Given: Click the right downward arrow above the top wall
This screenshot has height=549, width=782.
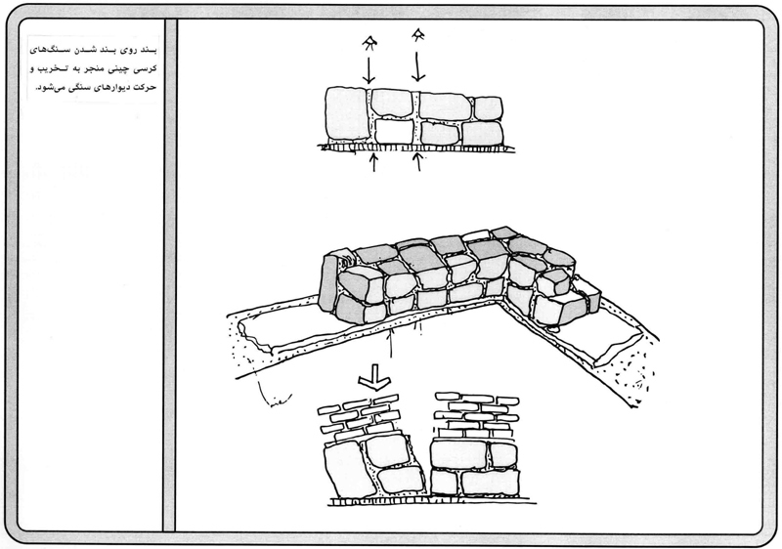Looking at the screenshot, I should (x=419, y=65).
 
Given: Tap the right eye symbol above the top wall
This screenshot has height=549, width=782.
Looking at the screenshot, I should (x=418, y=37).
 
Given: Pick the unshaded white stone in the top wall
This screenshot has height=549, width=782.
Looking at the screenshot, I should (x=395, y=130).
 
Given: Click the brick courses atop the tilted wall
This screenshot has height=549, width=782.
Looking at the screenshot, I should (x=363, y=416).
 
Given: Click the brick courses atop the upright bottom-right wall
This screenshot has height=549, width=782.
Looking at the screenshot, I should (x=476, y=415).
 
